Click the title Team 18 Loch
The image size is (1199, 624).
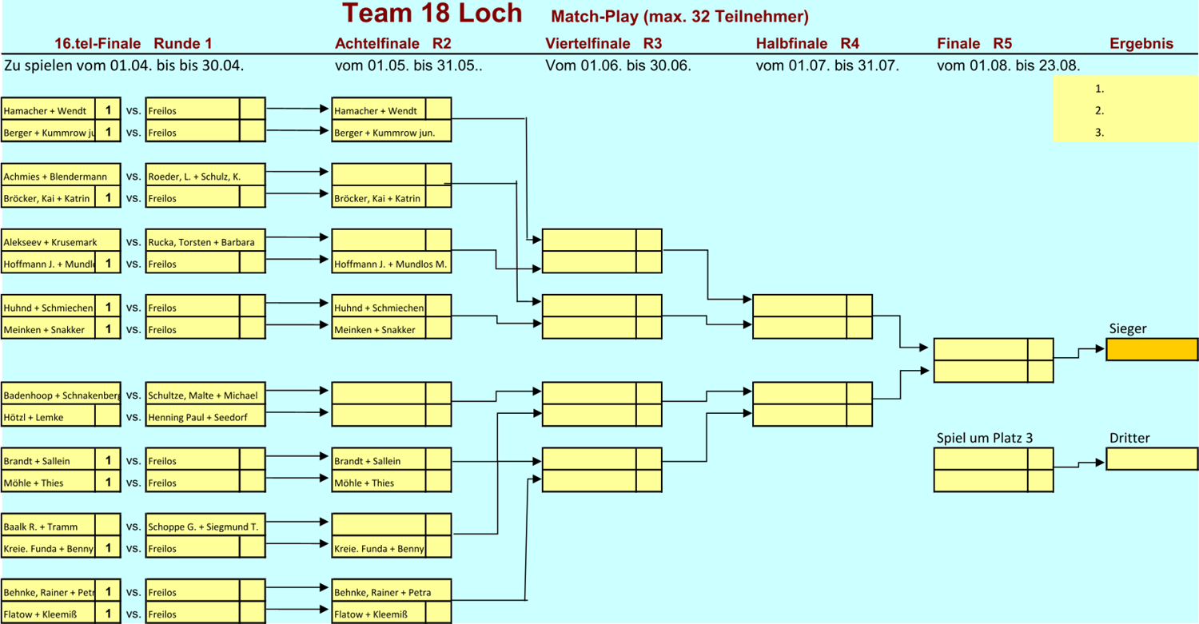432,14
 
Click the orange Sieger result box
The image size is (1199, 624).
1152,350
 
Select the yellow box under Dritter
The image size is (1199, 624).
1152,459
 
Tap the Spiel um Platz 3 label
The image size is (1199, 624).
985,438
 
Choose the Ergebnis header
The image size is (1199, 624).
1141,44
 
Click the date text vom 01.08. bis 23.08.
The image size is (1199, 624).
1008,66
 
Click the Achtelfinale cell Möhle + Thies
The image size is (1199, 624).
379,483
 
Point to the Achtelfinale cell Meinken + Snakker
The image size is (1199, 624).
379,329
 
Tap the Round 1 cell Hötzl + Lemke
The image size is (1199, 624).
48,417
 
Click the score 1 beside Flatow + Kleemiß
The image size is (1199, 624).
108,614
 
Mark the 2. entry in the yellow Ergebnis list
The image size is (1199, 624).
1100,111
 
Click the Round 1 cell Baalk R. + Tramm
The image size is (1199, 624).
48,527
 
